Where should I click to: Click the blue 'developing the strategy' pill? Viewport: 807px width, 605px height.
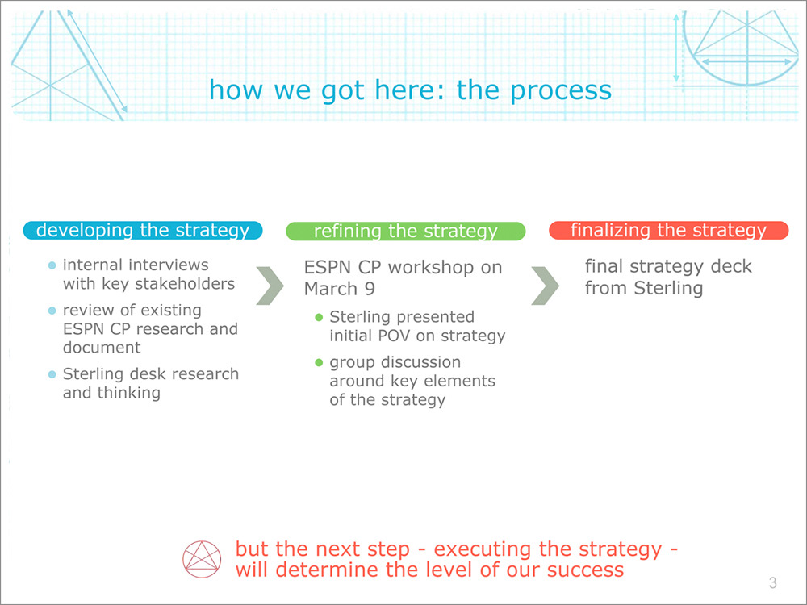(x=143, y=230)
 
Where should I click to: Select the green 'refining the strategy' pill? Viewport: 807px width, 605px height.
(x=406, y=231)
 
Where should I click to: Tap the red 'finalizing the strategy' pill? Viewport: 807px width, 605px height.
(x=668, y=230)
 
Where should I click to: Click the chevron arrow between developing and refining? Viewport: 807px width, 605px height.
(x=270, y=286)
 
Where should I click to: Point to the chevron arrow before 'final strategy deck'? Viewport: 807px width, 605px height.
(x=546, y=286)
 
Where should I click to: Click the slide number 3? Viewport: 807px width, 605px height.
(x=772, y=583)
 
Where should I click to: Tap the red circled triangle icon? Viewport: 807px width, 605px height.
(x=202, y=559)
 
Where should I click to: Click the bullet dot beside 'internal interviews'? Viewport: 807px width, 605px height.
(x=52, y=265)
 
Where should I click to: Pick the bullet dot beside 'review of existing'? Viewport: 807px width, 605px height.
(x=52, y=311)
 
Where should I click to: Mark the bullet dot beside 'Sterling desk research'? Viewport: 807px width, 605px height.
(x=52, y=374)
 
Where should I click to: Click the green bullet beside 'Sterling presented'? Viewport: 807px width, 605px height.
(x=319, y=317)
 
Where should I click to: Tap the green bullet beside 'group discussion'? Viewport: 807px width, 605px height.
(x=319, y=363)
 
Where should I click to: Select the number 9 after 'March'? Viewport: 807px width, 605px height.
(x=370, y=289)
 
